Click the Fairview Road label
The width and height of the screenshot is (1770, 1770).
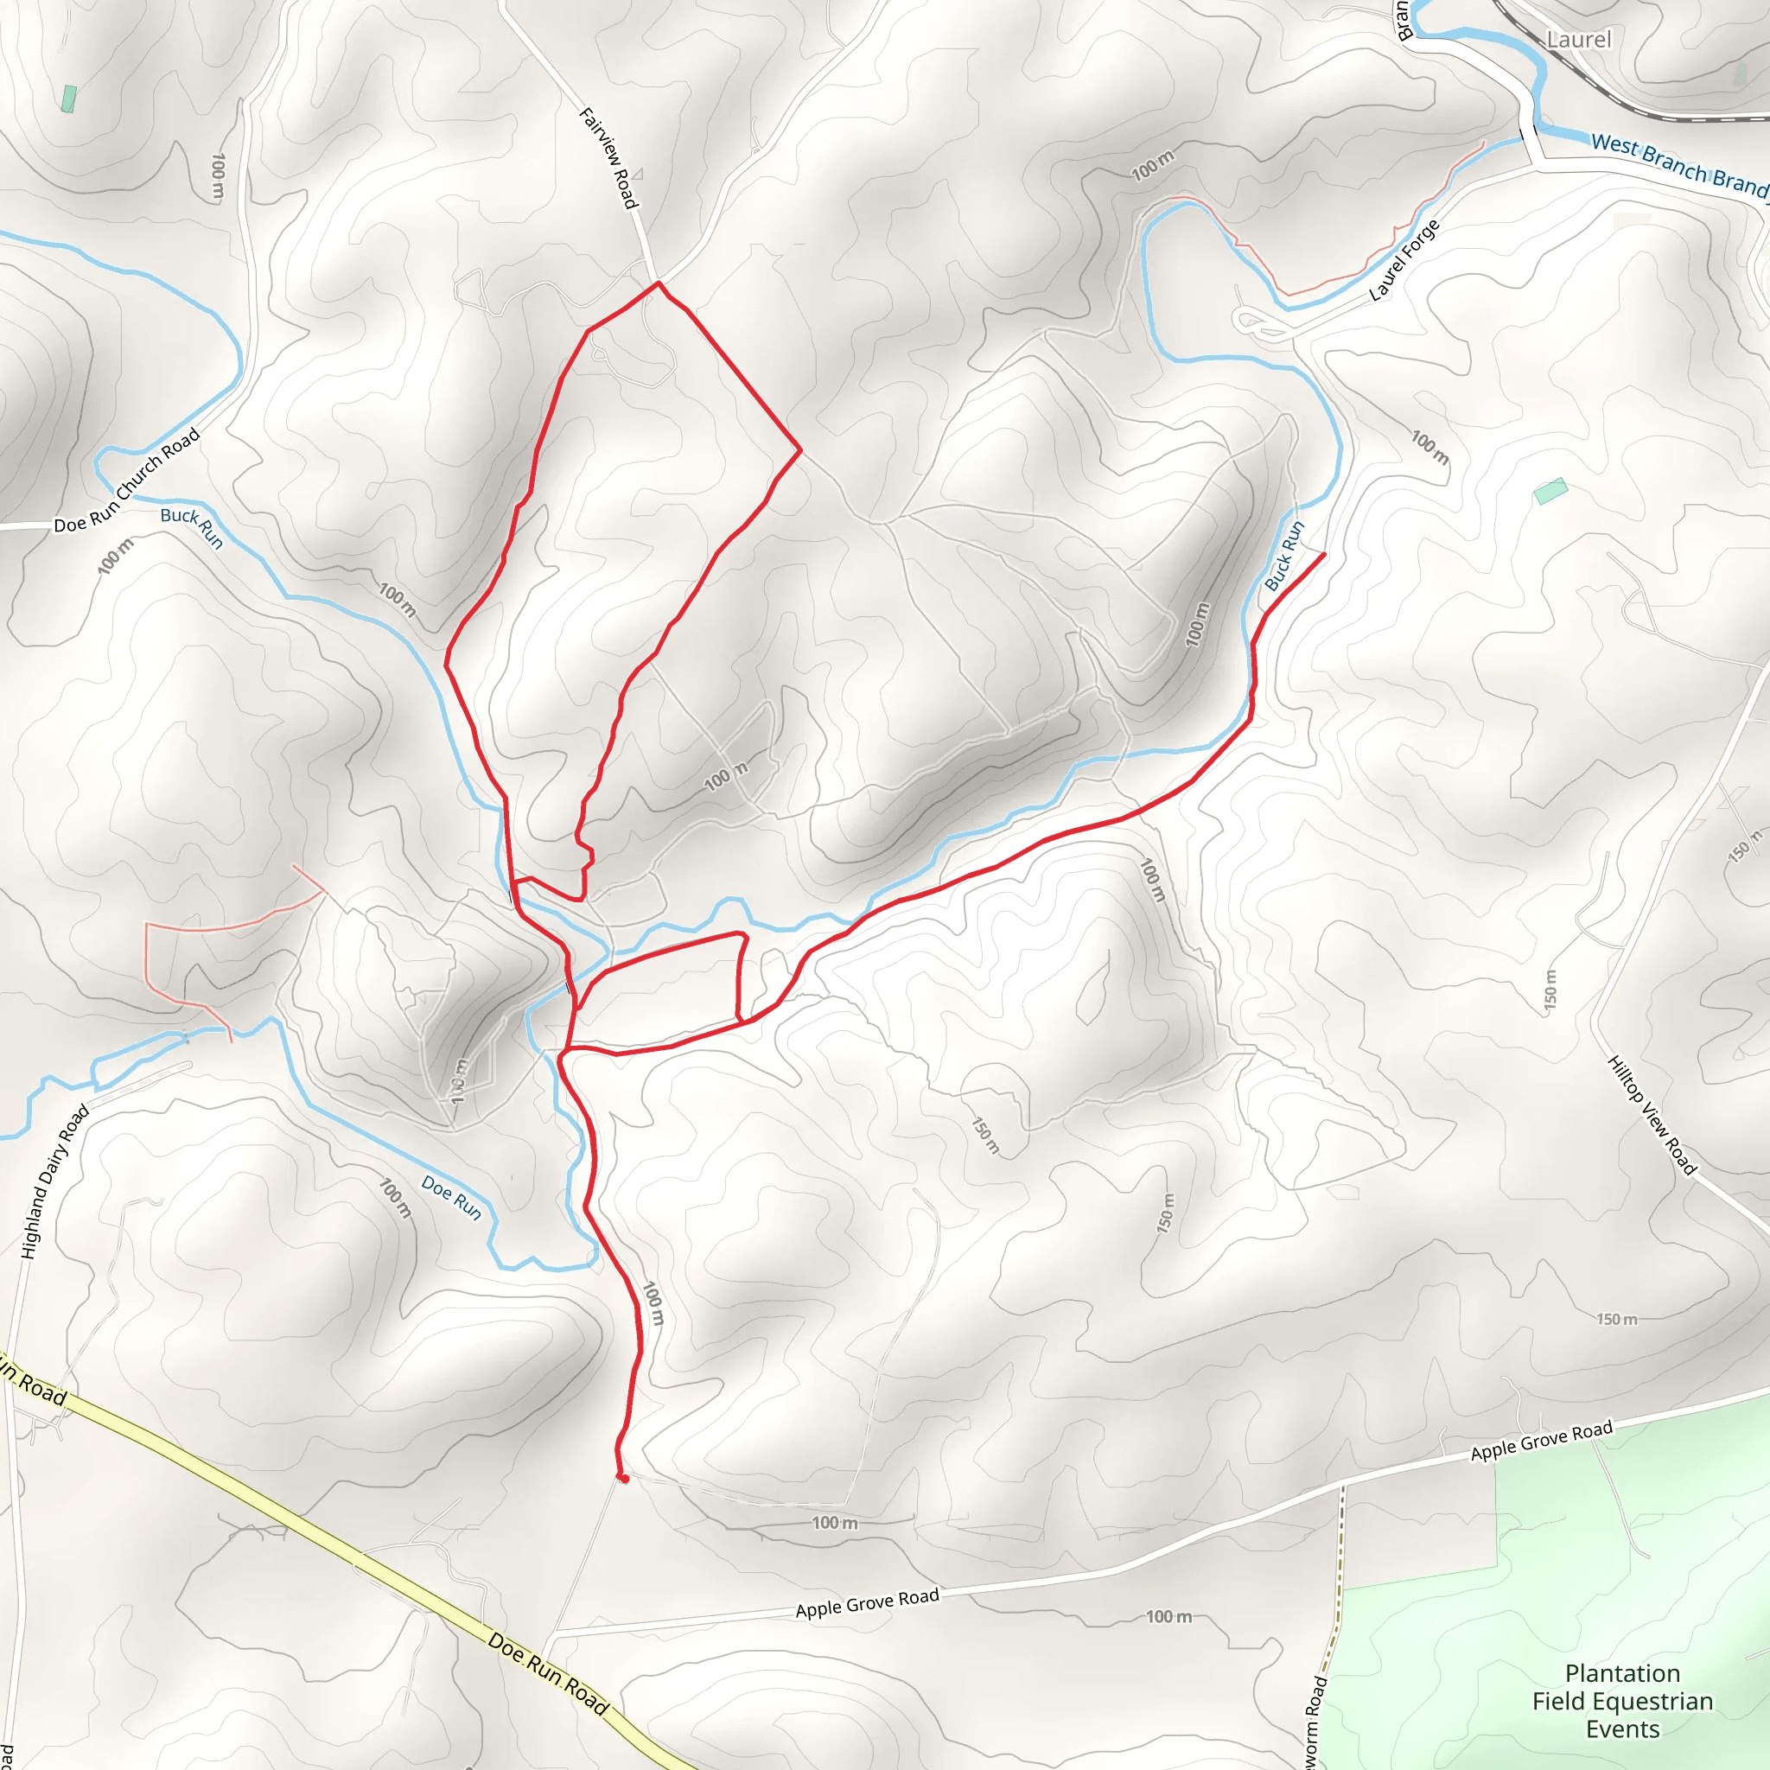coord(608,157)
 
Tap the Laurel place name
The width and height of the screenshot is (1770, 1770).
coord(1577,40)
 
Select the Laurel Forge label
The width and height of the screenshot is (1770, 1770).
coord(1404,260)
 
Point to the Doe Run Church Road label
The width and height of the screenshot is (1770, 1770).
coord(126,480)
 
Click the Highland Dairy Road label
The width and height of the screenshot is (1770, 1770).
coord(55,1181)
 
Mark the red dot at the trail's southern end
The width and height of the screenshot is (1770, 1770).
coord(624,1478)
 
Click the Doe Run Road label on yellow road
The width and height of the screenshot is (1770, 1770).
coord(548,1673)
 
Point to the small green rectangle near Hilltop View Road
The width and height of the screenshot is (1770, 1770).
coord(1550,491)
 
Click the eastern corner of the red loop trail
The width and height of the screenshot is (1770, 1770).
coord(799,449)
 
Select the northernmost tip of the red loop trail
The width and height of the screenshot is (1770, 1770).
coord(658,283)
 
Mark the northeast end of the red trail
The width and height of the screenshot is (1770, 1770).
coord(1323,554)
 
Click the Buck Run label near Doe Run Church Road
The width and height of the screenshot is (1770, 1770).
coord(192,527)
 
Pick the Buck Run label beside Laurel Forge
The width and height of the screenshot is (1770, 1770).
coord(1284,555)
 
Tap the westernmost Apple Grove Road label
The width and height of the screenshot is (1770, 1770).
coord(867,1603)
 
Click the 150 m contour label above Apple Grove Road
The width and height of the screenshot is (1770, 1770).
coord(1616,1319)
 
